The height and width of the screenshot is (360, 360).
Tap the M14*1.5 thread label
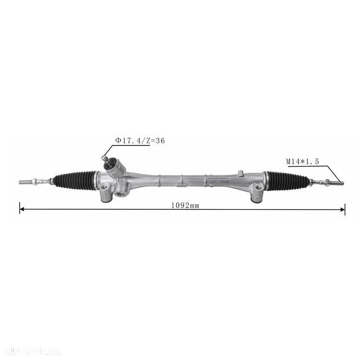coord(302,162)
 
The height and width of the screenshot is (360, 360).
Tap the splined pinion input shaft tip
coord(104,157)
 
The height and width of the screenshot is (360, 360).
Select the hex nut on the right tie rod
coord(319,181)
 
